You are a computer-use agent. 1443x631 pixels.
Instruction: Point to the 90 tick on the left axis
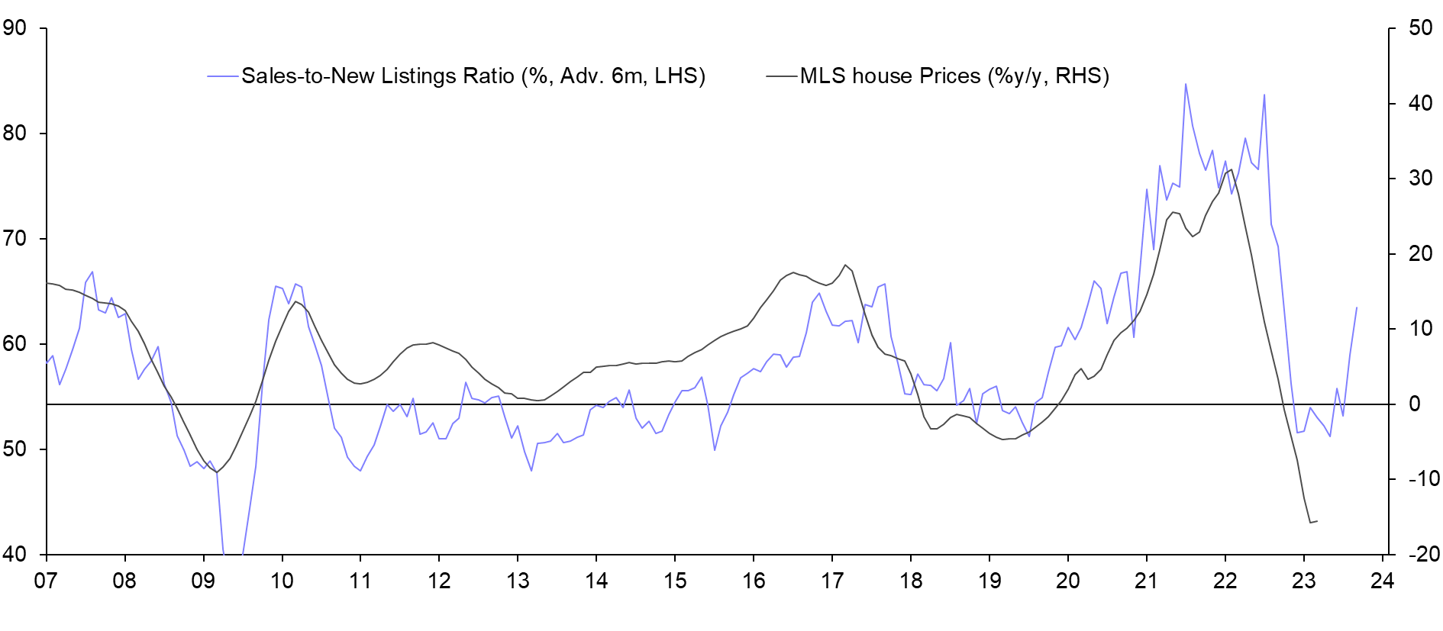point(15,28)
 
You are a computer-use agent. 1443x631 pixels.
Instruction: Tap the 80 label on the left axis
point(15,134)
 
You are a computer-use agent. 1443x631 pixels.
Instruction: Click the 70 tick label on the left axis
point(15,239)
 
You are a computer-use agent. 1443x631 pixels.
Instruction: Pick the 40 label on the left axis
point(15,554)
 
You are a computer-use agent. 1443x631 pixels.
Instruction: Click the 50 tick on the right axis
point(1420,28)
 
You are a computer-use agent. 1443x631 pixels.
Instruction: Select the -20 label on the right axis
point(1423,554)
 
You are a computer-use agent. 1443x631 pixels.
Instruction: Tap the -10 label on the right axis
point(1423,479)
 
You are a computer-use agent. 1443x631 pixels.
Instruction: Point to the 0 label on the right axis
point(1415,404)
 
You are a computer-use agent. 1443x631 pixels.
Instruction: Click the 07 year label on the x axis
point(46,581)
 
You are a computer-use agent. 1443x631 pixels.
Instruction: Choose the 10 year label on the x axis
point(282,581)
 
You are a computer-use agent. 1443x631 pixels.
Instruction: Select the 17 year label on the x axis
point(832,581)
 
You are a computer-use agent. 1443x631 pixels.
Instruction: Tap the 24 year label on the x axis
point(1382,581)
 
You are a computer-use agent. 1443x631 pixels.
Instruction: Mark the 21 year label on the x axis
point(1146,581)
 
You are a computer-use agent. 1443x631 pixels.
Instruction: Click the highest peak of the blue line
point(1186,84)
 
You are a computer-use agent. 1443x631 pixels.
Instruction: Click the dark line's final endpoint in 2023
point(1317,521)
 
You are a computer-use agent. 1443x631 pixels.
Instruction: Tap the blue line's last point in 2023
point(1357,307)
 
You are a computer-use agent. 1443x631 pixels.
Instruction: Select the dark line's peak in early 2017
point(845,265)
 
